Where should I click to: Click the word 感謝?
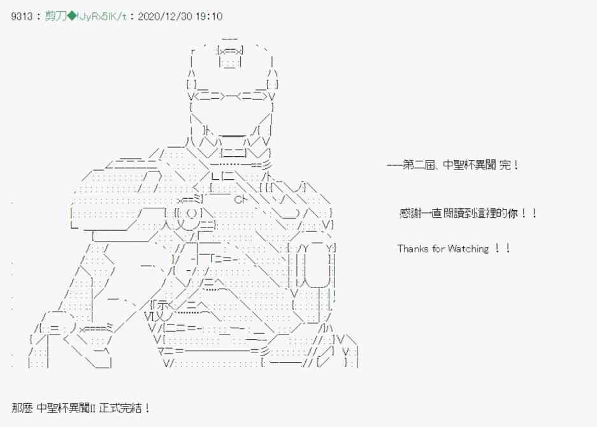408,213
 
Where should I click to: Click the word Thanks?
413,249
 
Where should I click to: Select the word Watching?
468,249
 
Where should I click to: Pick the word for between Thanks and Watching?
438,249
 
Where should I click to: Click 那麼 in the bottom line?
22,407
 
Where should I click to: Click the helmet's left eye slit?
207,96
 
